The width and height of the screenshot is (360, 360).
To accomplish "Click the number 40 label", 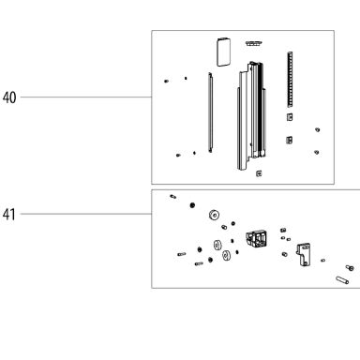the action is click(x=9, y=97).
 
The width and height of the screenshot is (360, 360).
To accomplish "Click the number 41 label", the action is click(x=9, y=215).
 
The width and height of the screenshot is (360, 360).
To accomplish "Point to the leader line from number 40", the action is click(x=86, y=97).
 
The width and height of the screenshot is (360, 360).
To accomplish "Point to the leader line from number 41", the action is click(x=86, y=214).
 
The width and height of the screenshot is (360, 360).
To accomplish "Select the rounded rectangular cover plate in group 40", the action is click(x=223, y=52).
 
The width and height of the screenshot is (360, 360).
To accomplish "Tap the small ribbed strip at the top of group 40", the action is click(x=253, y=43).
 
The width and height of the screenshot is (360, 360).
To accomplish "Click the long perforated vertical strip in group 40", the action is click(x=290, y=80).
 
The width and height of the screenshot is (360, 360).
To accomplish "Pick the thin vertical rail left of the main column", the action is click(x=210, y=112).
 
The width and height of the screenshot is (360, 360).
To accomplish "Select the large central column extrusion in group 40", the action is click(x=251, y=115).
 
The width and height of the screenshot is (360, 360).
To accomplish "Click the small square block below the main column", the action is click(x=259, y=173).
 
